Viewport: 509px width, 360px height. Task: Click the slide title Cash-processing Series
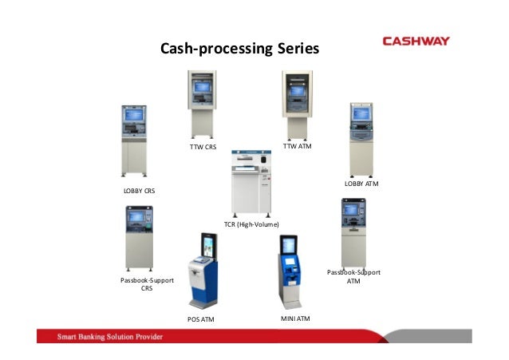pos(239,49)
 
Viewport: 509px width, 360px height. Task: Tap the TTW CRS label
pos(203,146)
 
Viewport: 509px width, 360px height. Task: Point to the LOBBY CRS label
pos(139,192)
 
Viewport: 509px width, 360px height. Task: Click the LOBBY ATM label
pos(361,184)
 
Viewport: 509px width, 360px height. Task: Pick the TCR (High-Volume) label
pos(251,225)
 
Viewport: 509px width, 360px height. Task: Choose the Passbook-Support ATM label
pos(353,276)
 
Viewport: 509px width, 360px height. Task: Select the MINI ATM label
pos(296,318)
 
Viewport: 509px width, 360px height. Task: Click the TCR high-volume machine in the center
pos(251,184)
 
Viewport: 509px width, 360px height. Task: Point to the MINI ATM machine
pos(289,271)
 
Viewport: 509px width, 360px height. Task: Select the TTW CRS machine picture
pos(201,104)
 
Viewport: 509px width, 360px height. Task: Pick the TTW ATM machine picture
pos(297,104)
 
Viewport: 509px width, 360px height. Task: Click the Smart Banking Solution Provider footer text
pos(109,337)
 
